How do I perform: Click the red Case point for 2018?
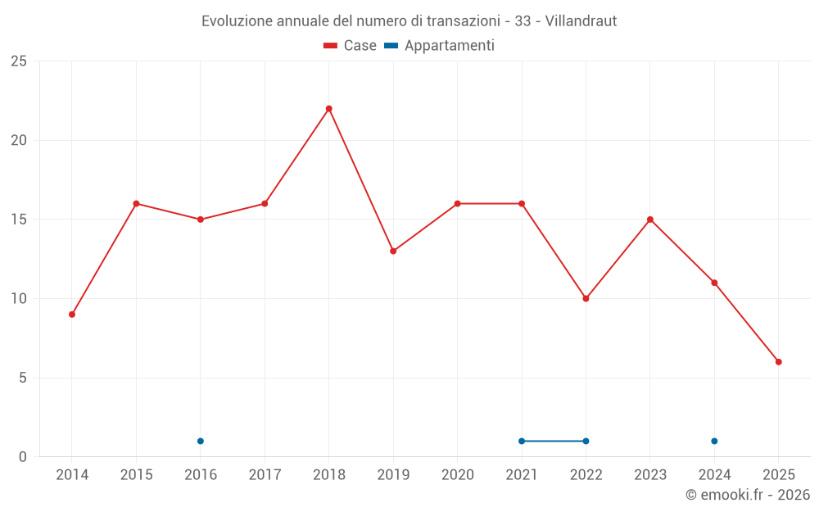(328, 109)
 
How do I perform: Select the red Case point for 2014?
(72, 315)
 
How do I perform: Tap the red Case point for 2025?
(778, 362)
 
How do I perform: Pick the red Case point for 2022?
(586, 299)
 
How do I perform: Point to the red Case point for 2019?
(393, 251)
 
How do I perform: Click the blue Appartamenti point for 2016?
(201, 442)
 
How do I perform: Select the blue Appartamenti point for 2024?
(714, 442)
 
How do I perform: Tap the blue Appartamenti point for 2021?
(522, 442)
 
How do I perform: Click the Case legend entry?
(350, 46)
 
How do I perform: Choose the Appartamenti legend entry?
(440, 46)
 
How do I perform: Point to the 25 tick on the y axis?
(19, 61)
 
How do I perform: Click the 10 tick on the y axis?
(19, 299)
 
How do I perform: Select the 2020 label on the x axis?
(457, 475)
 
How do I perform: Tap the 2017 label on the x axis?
(265, 475)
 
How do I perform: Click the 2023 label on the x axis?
(650, 475)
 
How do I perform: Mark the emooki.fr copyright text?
(748, 495)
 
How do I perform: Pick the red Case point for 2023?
(650, 220)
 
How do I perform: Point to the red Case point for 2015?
(136, 204)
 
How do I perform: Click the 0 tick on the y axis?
(23, 457)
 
